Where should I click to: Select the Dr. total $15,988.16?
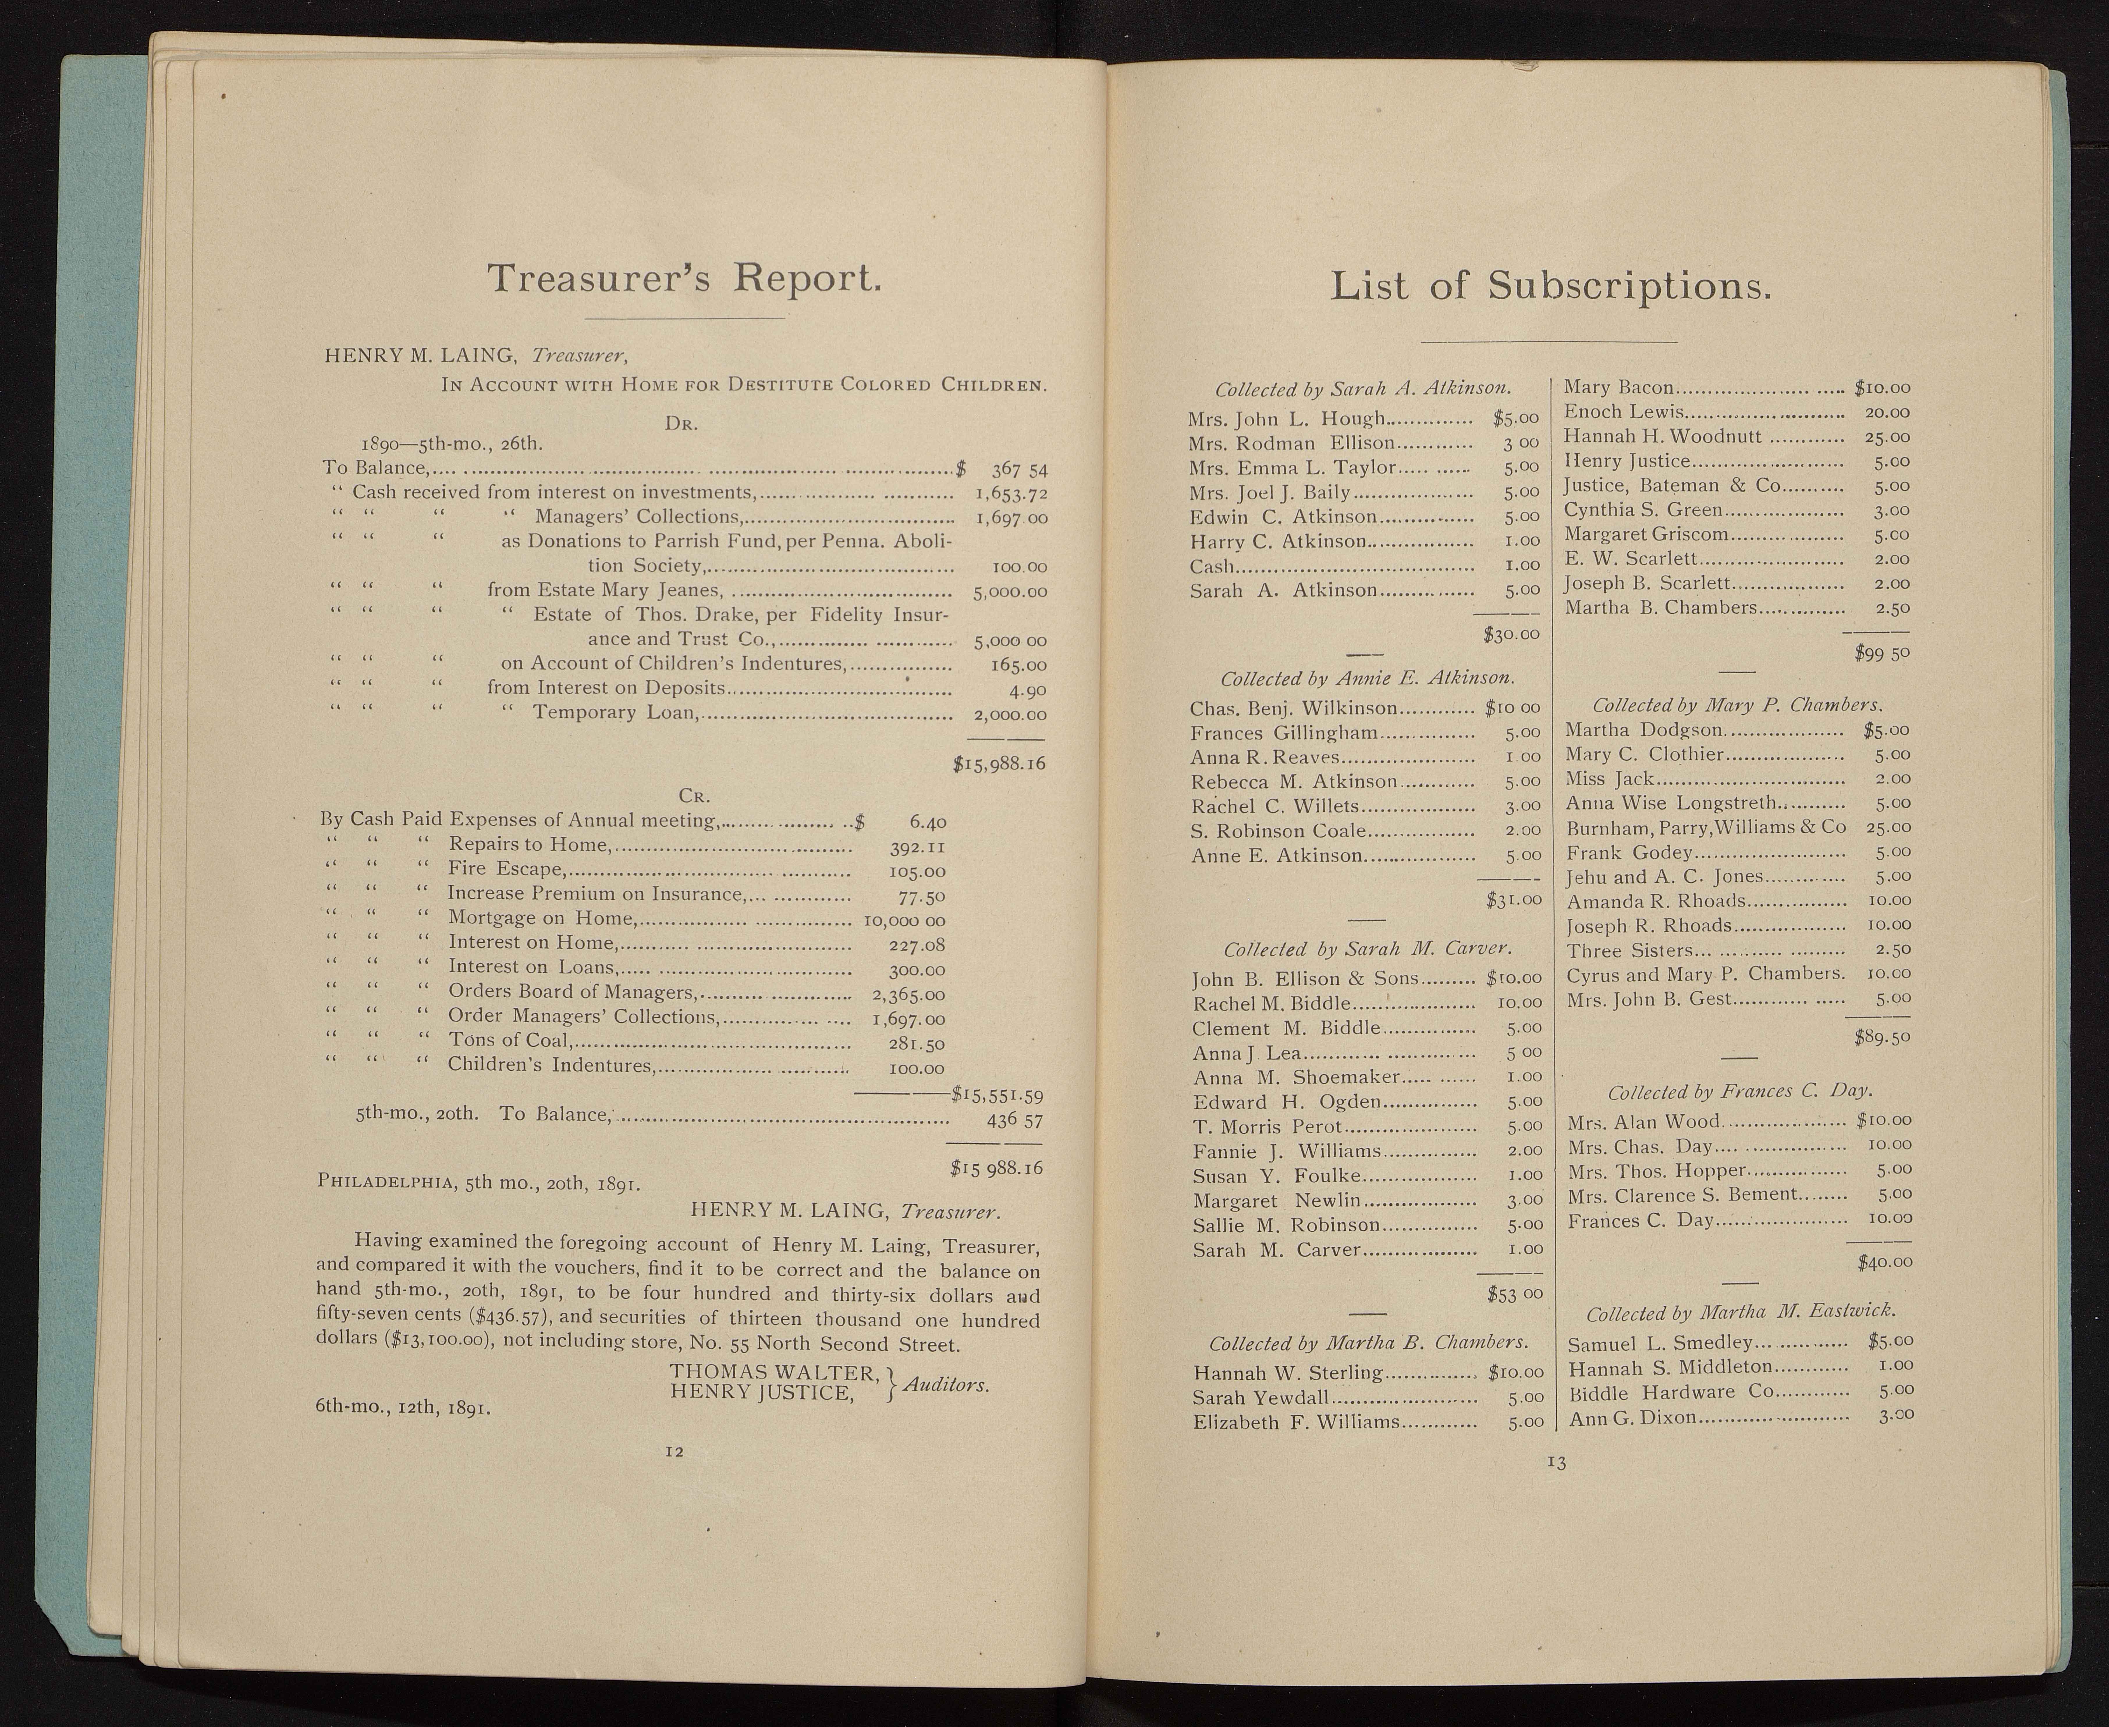pos(998,764)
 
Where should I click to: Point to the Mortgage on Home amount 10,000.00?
pos(905,919)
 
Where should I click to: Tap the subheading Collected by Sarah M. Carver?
pos(1367,949)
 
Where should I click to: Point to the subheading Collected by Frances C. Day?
pos(1739,1091)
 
